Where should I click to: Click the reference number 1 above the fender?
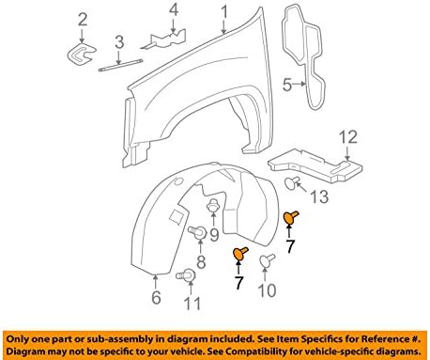pyautogui.click(x=224, y=11)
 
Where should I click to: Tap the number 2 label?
pyautogui.click(x=83, y=19)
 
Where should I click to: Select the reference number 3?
pyautogui.click(x=118, y=40)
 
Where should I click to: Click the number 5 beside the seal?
pyautogui.click(x=288, y=84)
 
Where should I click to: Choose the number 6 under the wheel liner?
pyautogui.click(x=157, y=299)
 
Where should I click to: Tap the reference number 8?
pyautogui.click(x=199, y=260)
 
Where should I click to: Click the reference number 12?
pyautogui.click(x=348, y=139)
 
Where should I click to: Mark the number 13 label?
pyautogui.click(x=319, y=196)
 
